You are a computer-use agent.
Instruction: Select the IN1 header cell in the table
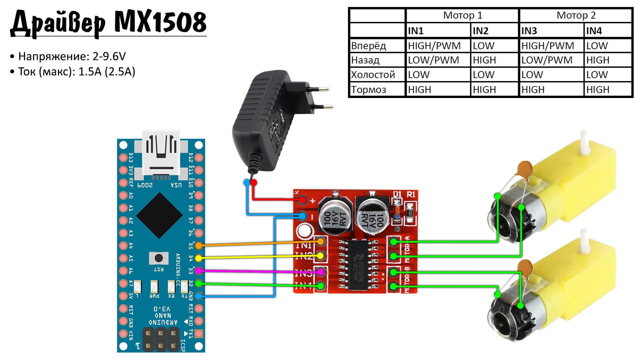tap(416, 31)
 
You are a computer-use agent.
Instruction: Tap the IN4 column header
tap(594, 31)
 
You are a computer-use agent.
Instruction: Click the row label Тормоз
tap(368, 90)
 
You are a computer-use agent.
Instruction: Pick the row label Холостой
tap(373, 75)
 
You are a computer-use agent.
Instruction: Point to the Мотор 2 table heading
tap(576, 15)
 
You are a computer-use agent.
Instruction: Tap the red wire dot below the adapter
tap(254, 182)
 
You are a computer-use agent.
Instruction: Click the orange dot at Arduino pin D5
tap(199, 246)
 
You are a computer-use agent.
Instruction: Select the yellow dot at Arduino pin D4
tap(199, 258)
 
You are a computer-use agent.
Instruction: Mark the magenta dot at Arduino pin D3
tap(199, 270)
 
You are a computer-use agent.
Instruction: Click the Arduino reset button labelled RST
tap(159, 258)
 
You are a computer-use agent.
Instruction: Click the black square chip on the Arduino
tap(159, 215)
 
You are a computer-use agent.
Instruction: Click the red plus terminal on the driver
tap(303, 200)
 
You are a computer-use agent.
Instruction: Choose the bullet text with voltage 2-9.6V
tap(72, 56)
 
